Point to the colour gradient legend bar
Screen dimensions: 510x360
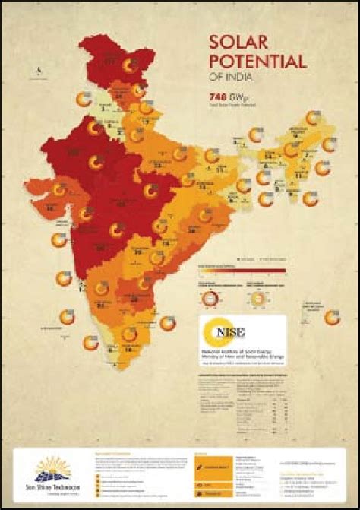[242, 269]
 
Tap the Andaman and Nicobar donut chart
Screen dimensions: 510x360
[331, 318]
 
